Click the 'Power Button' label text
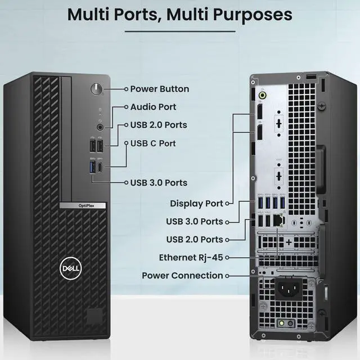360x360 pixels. (x=160, y=89)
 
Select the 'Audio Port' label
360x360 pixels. (x=153, y=107)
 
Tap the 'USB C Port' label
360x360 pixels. (x=153, y=143)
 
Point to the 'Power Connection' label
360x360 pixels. (x=182, y=276)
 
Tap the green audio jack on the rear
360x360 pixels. (x=262, y=96)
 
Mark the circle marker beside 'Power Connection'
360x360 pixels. (x=228, y=276)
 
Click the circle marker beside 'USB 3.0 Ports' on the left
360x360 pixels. (x=125, y=182)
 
